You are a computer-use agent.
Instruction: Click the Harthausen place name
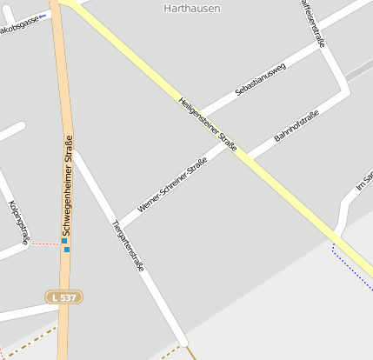[x=191, y=8]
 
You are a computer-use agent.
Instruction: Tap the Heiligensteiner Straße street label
[x=208, y=123]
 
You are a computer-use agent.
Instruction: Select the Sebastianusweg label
[x=260, y=79]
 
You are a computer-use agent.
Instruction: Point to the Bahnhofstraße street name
[x=296, y=126]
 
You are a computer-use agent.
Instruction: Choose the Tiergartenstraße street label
[x=128, y=245]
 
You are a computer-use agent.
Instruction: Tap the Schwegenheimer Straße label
[x=67, y=187]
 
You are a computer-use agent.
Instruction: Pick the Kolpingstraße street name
[x=18, y=223]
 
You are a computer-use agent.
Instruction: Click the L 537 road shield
[x=64, y=297]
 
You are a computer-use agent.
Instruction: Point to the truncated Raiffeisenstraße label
[x=312, y=23]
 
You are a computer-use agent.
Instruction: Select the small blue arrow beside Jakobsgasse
[x=43, y=15]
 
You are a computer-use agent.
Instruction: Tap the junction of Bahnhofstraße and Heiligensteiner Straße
[x=243, y=155]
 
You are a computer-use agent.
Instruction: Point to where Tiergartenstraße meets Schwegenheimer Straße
[x=74, y=154]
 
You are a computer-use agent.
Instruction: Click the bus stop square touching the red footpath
[x=64, y=241]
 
